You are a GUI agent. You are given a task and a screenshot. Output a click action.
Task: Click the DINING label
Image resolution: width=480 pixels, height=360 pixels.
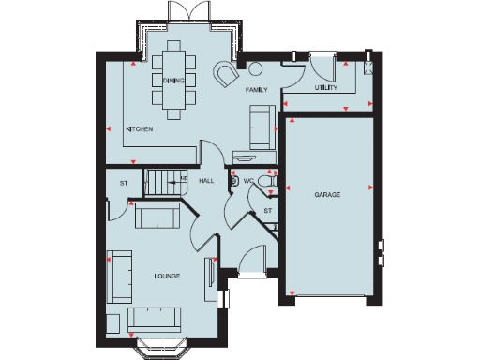point(172,82)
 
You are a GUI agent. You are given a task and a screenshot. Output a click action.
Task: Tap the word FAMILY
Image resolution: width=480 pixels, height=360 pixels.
point(257,91)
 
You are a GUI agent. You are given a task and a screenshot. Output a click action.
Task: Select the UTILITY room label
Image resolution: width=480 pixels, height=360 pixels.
point(326,86)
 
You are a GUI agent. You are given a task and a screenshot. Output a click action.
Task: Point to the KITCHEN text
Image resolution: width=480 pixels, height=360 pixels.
point(140,129)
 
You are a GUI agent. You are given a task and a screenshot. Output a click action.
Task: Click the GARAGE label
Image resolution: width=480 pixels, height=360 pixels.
point(326,195)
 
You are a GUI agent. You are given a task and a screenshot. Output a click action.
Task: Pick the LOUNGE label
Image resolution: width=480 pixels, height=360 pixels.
point(167,277)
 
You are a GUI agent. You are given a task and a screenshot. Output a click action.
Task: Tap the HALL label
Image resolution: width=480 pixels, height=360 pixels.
point(207,180)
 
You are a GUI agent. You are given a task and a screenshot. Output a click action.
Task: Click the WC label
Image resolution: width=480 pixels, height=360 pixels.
point(249,180)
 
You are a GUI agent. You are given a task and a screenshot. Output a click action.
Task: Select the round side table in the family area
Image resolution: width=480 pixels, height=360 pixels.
point(256,67)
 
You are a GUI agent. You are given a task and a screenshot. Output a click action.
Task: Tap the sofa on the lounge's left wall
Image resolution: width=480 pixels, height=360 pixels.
point(118,276)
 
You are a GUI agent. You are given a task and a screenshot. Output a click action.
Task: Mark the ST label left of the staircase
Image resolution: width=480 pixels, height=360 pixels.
point(123,182)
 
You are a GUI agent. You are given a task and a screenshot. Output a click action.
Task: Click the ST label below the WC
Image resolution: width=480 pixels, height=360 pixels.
point(267,211)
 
